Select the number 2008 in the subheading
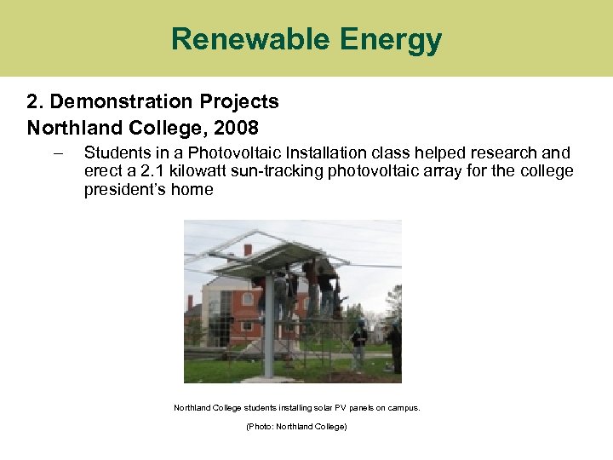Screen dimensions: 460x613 (238, 128)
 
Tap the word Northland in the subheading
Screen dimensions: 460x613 (67, 128)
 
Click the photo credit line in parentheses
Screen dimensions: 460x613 (296, 426)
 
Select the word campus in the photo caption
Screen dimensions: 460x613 (401, 408)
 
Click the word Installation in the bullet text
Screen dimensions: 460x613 (323, 153)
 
